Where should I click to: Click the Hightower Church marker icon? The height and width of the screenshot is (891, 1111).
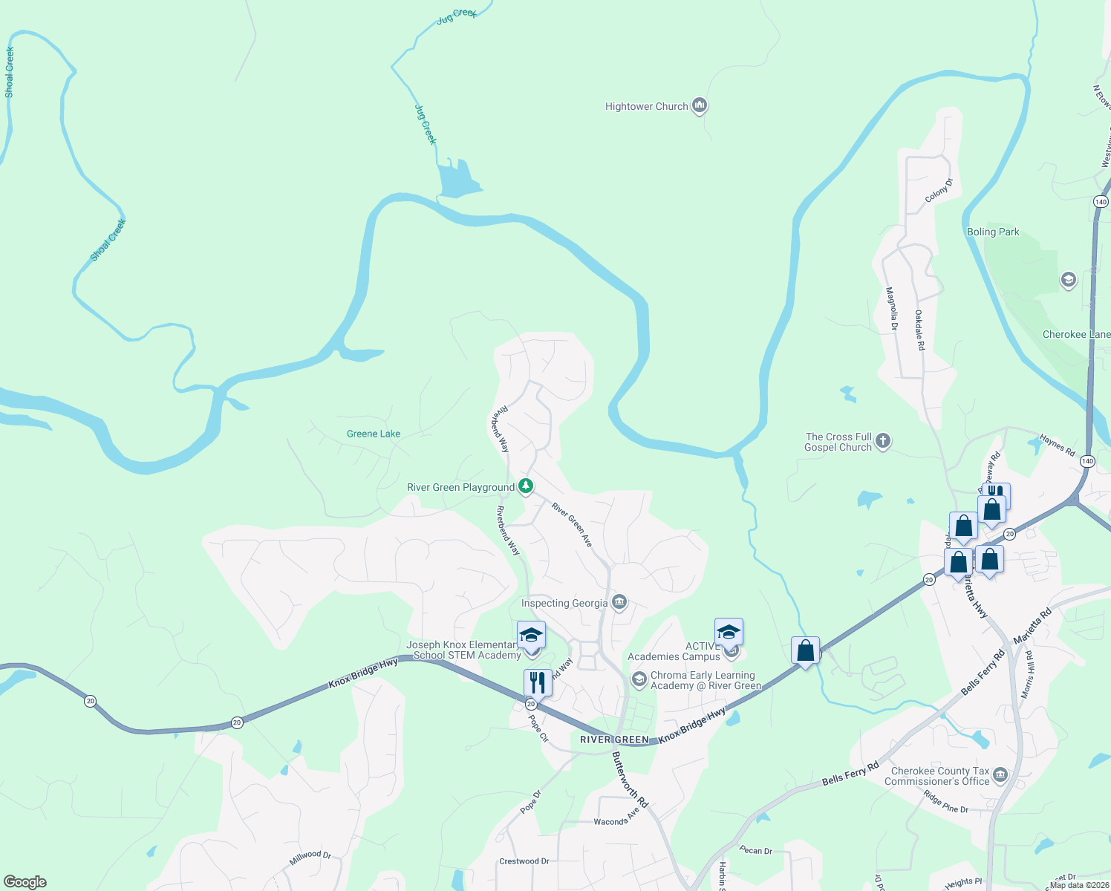pos(699,106)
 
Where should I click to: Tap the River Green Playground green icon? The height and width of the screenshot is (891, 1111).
pos(526,487)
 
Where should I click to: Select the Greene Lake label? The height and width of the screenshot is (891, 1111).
pos(374,434)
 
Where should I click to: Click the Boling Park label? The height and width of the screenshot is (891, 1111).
pos(993,232)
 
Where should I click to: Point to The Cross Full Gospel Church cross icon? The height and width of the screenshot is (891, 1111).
pos(883,441)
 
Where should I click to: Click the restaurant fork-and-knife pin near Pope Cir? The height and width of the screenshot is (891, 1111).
pos(538,682)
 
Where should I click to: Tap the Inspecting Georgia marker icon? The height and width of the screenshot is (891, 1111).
pos(619,602)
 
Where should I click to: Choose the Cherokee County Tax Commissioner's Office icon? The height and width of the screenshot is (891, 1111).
pos(1000,776)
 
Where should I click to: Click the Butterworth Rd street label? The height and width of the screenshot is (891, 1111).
pos(631,779)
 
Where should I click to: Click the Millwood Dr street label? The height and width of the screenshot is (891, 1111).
pos(310,858)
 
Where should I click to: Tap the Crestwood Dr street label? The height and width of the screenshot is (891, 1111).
pos(524,861)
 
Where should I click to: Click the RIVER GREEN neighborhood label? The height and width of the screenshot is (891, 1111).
pos(614,740)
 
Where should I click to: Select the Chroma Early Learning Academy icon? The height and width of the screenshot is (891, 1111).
pos(639,679)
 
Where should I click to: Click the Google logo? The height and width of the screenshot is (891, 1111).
pos(25,881)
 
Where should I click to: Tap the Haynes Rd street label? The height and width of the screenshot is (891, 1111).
pos(1057,446)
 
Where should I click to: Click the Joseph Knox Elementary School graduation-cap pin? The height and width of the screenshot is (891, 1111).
pos(531,636)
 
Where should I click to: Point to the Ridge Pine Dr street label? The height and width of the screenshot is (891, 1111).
pos(945,802)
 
